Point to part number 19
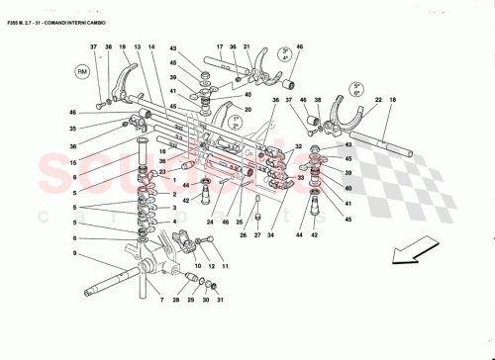[122, 47]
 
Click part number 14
[151, 47]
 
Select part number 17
[219, 47]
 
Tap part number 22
[378, 100]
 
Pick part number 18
[392, 100]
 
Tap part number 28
[176, 300]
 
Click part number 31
[220, 300]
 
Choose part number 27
[256, 235]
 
